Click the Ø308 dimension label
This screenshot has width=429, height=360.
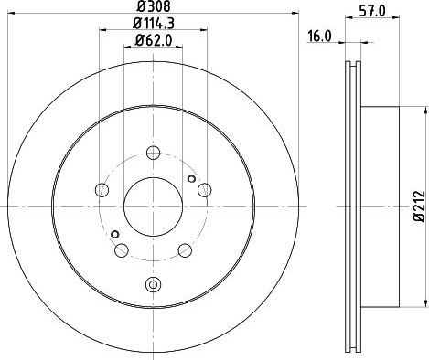tap(154, 6)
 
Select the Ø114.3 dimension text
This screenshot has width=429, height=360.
tap(154, 24)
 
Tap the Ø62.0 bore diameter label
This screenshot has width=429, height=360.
tap(154, 40)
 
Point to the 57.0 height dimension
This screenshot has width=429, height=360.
tap(372, 11)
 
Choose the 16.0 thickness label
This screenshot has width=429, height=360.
tap(319, 37)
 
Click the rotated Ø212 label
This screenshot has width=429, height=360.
tap(419, 206)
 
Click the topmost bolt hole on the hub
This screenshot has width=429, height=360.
tap(153, 153)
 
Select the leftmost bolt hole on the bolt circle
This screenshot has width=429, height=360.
tap(102, 190)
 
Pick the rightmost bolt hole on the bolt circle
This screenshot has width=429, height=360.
tap(204, 190)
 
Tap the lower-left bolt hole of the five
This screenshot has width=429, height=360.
tap(122, 250)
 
